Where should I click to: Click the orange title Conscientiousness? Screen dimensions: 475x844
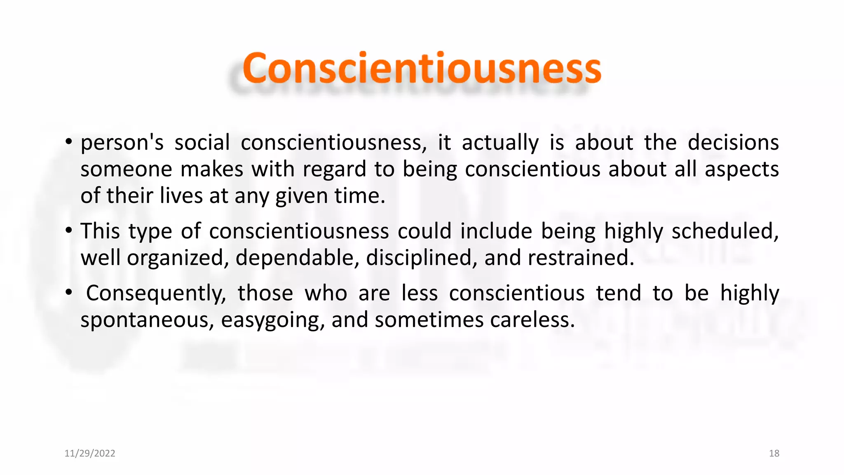click(x=422, y=68)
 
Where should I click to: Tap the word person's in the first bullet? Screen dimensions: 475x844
click(x=122, y=143)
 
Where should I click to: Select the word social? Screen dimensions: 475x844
click(x=202, y=143)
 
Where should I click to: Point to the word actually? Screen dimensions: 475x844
click(x=500, y=143)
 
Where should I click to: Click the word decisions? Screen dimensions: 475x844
click(x=733, y=143)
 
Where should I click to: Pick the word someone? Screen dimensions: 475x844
click(x=126, y=169)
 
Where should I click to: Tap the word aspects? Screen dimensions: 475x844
click(x=741, y=169)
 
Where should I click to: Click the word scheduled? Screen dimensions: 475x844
click(x=725, y=231)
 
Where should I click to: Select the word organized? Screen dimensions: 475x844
click(x=178, y=258)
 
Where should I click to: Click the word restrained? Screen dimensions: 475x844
click(x=581, y=258)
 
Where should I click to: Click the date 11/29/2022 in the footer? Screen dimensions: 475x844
click(x=90, y=454)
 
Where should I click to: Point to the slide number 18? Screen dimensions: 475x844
click(x=774, y=454)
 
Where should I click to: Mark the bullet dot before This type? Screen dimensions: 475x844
click(x=69, y=230)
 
